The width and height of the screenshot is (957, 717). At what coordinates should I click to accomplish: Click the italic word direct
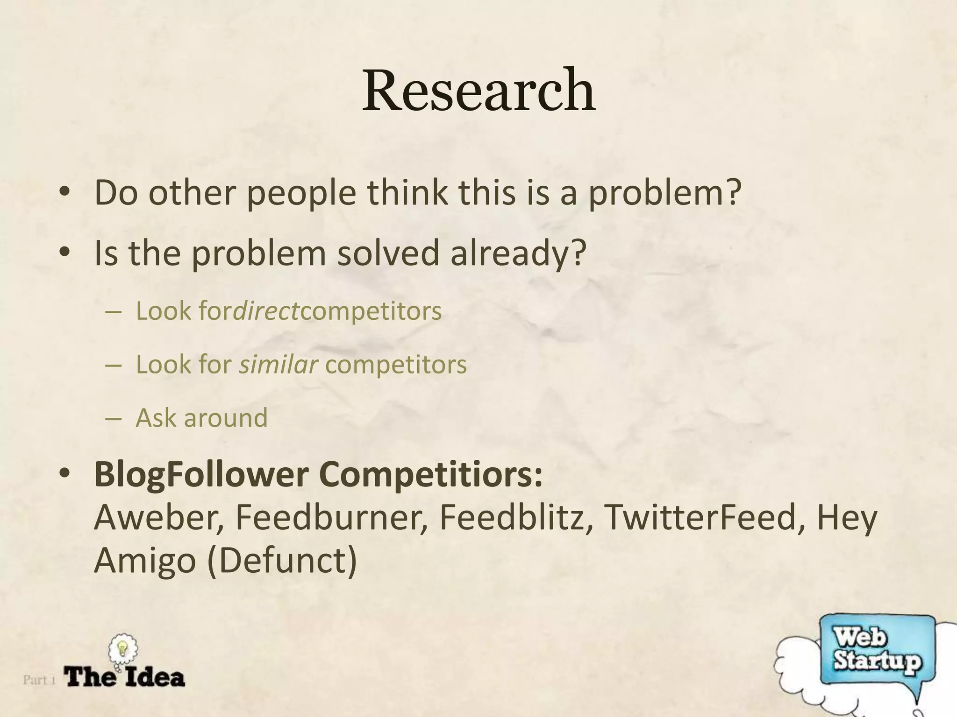click(266, 311)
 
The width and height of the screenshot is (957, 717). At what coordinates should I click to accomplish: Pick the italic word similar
click(279, 364)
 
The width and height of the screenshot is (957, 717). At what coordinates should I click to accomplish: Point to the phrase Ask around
click(201, 417)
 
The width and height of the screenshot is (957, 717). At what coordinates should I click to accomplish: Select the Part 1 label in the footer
click(39, 680)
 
